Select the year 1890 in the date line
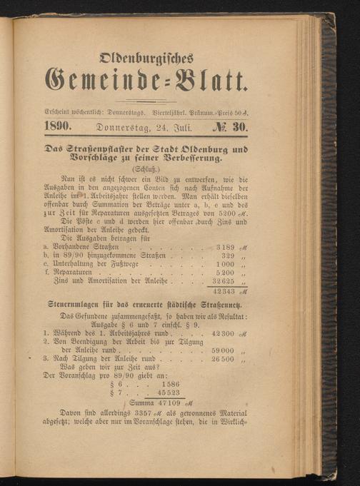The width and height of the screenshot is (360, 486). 57,126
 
